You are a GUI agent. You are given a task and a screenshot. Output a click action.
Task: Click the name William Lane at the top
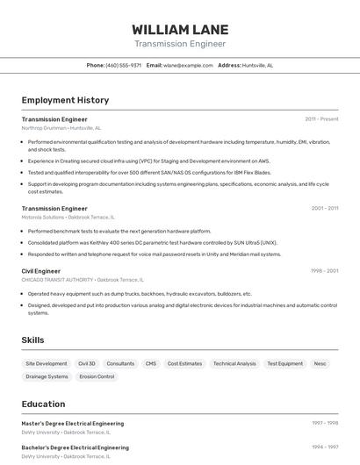point(179,29)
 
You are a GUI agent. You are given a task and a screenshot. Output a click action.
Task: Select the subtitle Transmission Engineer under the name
point(179,44)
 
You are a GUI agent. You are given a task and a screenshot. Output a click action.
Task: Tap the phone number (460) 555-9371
point(123,65)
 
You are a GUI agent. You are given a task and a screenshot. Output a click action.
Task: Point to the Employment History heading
point(65,100)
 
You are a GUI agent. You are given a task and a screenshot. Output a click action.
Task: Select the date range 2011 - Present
point(321,118)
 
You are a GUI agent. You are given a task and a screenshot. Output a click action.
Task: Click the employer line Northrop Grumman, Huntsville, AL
point(61,127)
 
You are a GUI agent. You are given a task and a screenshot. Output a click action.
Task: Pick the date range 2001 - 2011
point(324,208)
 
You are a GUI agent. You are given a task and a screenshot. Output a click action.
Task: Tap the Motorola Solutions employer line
point(68,217)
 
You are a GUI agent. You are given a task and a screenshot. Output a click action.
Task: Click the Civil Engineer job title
point(41,271)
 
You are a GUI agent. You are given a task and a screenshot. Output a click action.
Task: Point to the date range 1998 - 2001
point(324,271)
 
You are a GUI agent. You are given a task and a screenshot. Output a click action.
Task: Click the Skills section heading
point(33,340)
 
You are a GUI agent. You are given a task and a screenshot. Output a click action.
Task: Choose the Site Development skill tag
point(46,363)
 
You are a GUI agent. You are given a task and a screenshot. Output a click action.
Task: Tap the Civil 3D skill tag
point(87,363)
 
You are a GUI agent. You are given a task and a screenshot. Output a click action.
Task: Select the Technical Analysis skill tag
point(234,363)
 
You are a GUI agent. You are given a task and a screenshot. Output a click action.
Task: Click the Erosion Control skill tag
point(97,376)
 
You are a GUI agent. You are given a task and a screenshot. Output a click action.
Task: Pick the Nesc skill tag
point(320,363)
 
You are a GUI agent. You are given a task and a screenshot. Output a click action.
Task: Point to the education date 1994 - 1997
point(324,447)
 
